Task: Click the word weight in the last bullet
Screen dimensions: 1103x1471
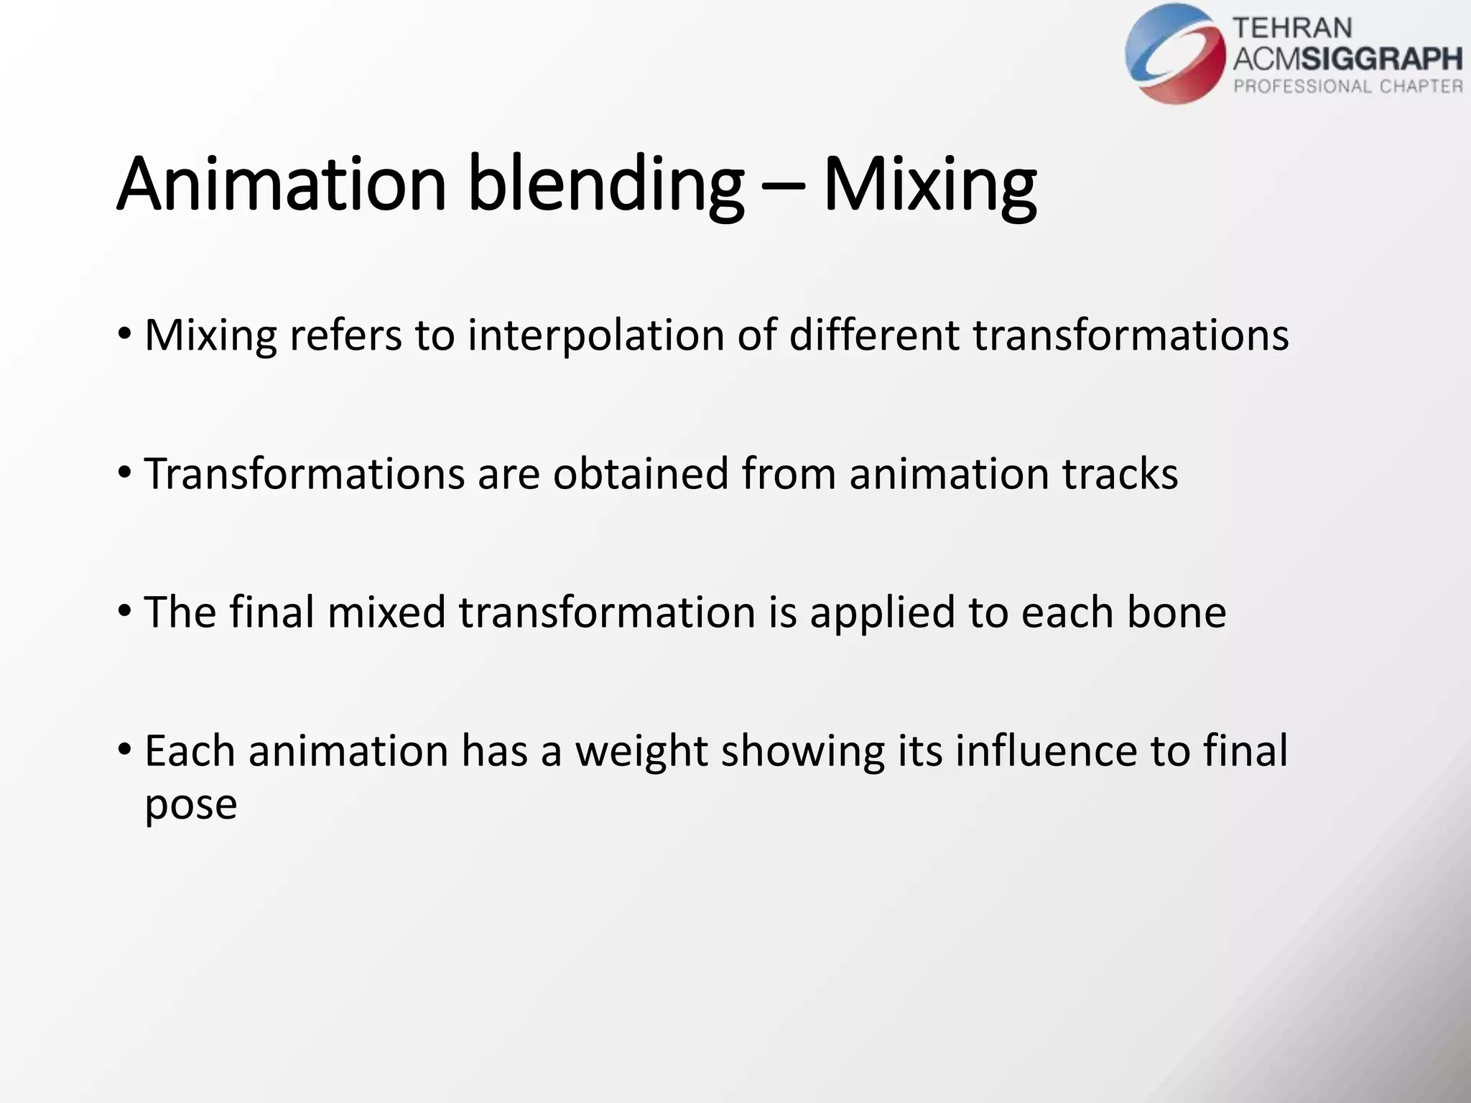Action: coord(641,752)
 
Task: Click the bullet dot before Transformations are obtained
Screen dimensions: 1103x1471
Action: coord(125,473)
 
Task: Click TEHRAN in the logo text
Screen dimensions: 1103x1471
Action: coord(1292,28)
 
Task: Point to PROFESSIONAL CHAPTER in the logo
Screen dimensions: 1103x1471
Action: coord(1347,87)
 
